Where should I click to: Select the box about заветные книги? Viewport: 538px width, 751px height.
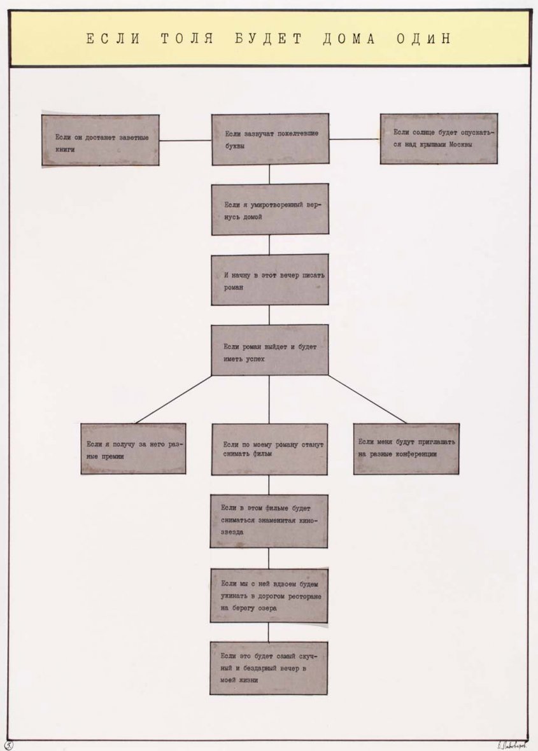click(101, 141)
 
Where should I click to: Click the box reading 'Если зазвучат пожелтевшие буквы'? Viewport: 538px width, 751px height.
click(270, 139)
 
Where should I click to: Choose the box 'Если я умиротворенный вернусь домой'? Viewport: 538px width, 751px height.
click(270, 209)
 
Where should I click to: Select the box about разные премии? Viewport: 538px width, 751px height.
click(133, 449)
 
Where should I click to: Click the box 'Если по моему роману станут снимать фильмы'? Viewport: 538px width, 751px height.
click(270, 449)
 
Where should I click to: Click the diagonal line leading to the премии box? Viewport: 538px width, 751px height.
click(173, 400)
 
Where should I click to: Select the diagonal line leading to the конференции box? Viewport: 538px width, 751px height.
click(367, 399)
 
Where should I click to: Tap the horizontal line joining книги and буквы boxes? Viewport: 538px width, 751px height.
click(185, 140)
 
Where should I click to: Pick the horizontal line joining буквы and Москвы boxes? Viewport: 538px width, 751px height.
click(355, 139)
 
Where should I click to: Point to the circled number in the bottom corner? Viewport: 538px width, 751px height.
click(8, 744)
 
